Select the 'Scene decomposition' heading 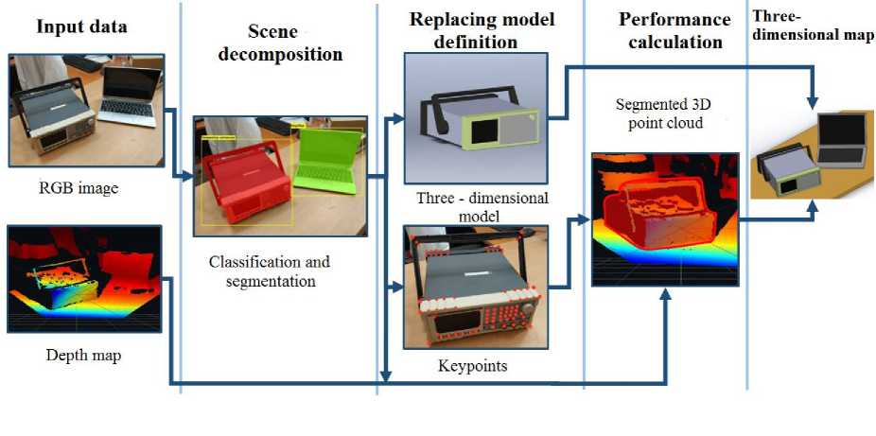(x=280, y=43)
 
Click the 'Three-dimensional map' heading (x=812, y=26)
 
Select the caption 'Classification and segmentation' (x=269, y=270)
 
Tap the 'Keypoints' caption (x=472, y=365)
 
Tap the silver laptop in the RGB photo (x=131, y=96)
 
